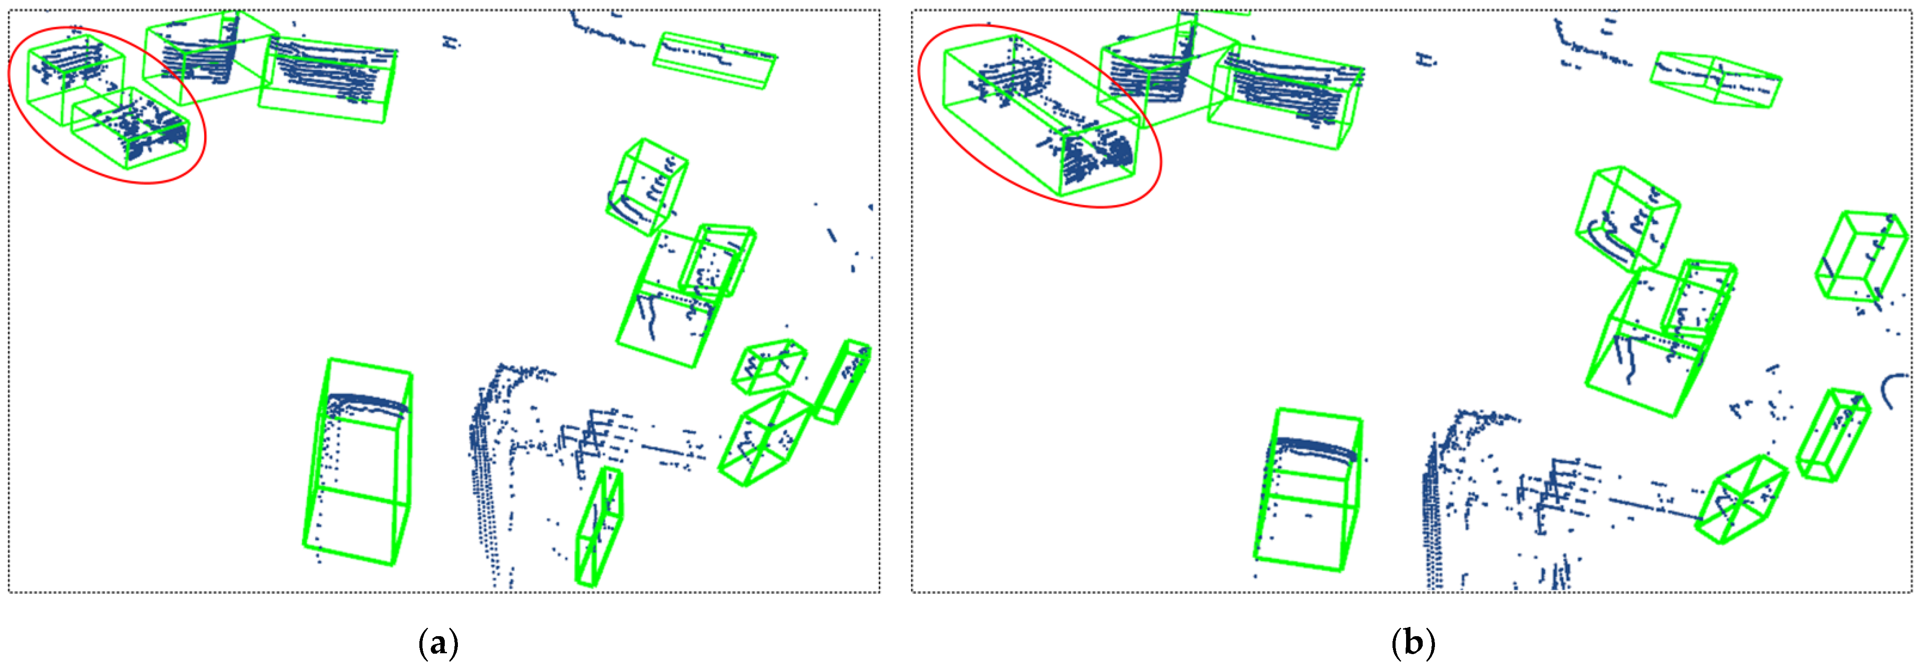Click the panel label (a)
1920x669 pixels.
pos(439,643)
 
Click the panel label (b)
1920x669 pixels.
pos(1413,643)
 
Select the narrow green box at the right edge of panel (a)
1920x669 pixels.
pos(842,382)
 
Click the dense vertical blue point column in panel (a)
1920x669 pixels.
pos(481,477)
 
